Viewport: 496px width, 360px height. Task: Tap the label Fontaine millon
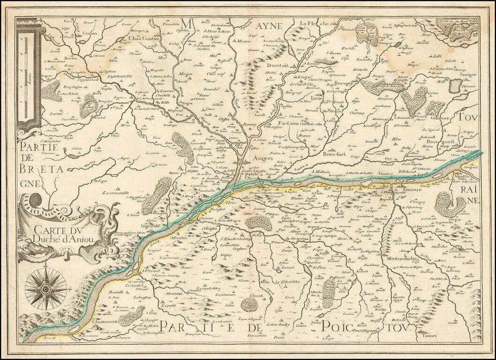(x=304, y=123)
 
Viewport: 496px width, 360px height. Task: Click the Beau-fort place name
(x=335, y=153)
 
